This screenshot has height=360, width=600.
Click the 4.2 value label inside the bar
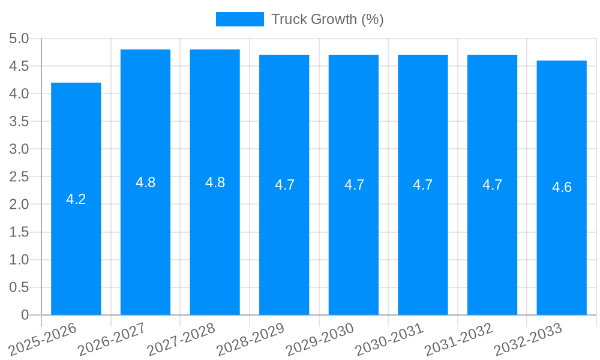(x=76, y=200)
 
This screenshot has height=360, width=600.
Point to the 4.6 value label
(x=562, y=187)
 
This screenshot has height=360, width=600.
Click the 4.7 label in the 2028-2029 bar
(x=284, y=185)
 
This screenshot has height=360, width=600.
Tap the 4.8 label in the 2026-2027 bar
(x=145, y=183)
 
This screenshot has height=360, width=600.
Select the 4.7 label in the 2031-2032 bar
(x=492, y=185)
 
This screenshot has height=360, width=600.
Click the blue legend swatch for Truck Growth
(x=239, y=19)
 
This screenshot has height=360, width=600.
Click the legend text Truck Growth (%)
(x=327, y=19)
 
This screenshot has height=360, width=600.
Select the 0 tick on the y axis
(x=25, y=315)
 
